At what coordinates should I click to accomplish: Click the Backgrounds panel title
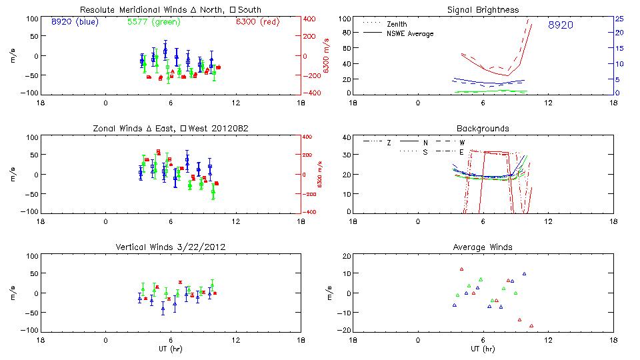pos(483,128)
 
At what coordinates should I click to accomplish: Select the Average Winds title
pos(483,247)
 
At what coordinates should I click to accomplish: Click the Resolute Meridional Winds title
pos(170,10)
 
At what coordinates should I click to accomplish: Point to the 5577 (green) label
pos(153,22)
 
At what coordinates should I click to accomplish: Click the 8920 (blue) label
pos(73,22)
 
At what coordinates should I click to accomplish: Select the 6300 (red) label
pos(257,22)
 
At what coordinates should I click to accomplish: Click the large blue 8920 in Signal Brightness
pos(560,25)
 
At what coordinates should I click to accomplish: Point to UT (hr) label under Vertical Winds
pos(170,349)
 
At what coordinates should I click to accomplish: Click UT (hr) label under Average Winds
pos(483,349)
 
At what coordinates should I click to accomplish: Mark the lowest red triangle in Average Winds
pos(531,326)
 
